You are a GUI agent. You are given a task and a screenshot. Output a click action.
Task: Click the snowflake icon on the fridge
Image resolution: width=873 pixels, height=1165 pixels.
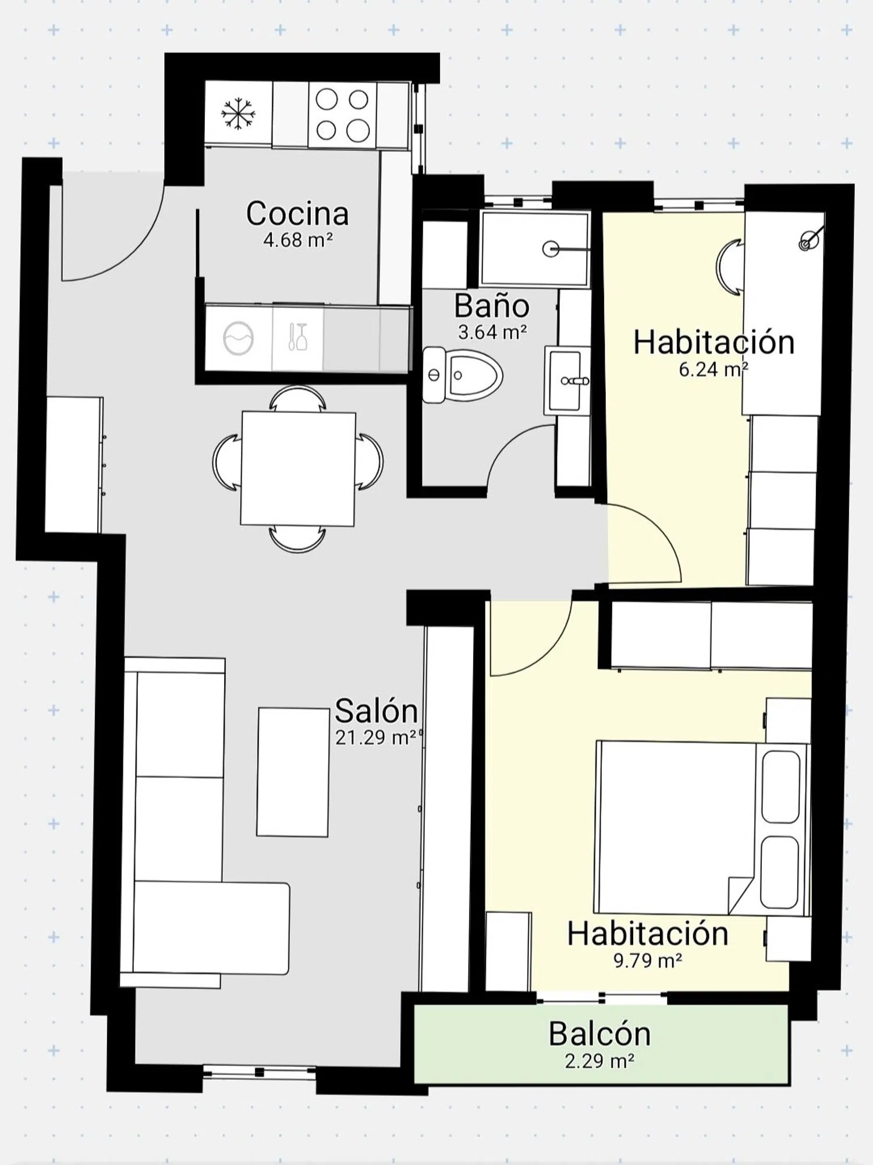coord(238,114)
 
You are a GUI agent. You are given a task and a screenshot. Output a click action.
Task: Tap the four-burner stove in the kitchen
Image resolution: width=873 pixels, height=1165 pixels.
coord(342,114)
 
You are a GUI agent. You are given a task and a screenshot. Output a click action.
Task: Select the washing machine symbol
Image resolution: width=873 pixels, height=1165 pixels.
coord(238,338)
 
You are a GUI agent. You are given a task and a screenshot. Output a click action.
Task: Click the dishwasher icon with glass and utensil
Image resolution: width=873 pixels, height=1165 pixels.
coord(297,337)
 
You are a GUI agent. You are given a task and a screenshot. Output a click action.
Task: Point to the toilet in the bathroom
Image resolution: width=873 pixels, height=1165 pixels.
coord(462,375)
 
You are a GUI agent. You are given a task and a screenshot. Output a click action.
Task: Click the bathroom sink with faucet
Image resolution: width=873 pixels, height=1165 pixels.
coord(567,380)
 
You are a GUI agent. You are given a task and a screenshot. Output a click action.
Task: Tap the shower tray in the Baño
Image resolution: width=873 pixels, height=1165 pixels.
coord(535,249)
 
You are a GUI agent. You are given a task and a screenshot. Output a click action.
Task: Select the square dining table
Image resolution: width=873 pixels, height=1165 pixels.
coord(298,469)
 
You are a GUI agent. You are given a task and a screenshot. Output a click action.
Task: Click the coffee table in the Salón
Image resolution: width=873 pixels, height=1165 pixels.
coord(293,772)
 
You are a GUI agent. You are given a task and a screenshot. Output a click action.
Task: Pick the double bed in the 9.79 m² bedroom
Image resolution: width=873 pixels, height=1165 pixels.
coord(702,828)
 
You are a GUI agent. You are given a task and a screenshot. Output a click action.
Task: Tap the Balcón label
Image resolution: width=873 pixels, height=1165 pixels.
coord(599,1034)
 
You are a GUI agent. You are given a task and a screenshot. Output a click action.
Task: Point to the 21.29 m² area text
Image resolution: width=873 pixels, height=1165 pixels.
coord(376,737)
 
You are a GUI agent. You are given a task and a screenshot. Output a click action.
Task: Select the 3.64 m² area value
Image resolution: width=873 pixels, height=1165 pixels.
coord(492,332)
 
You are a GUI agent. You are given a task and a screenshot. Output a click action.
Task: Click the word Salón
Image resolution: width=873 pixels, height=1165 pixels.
coord(377,711)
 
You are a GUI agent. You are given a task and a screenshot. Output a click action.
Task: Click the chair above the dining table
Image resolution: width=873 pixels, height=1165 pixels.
coord(297,399)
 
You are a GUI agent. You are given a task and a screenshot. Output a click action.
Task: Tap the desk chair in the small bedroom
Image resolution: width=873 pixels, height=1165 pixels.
coord(730,267)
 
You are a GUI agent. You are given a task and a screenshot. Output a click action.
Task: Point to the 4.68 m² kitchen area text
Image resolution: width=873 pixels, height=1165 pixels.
coord(298,239)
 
